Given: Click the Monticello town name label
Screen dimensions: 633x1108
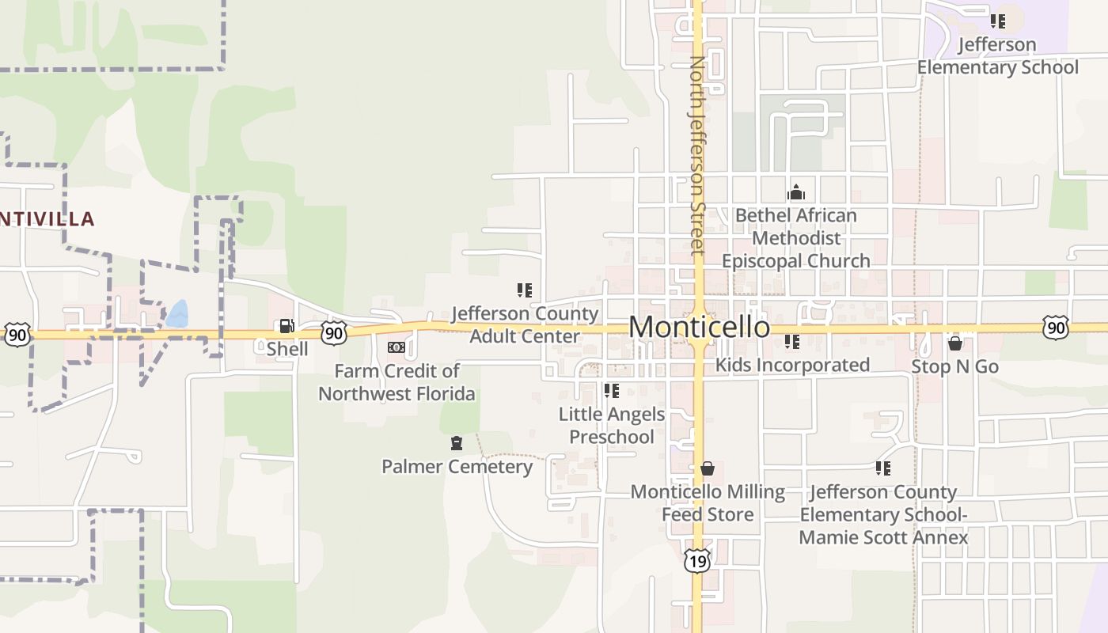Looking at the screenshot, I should tap(699, 327).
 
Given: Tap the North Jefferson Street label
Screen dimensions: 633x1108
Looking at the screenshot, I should tap(696, 155).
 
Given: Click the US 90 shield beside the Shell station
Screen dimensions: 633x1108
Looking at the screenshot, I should tap(334, 332).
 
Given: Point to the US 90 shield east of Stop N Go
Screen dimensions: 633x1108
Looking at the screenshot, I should tap(1055, 328).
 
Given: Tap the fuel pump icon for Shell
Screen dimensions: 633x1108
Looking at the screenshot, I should tap(286, 326).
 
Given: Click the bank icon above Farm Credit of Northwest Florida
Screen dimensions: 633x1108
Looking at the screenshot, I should tap(397, 347).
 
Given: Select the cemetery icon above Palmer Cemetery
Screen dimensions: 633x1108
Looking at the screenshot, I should tap(457, 443).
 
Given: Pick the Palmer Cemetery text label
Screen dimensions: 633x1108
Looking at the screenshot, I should tap(457, 467).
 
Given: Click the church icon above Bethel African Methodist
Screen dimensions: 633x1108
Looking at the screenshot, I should tap(796, 192).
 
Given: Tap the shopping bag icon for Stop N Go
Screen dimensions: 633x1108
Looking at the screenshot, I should tap(955, 343).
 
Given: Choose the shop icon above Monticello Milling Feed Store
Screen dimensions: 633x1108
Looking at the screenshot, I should tap(708, 468).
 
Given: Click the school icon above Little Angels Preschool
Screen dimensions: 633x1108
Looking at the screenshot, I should tap(612, 390).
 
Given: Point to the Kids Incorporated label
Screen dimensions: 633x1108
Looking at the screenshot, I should tap(792, 365).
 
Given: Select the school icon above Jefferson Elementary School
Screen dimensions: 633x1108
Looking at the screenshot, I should tap(998, 21).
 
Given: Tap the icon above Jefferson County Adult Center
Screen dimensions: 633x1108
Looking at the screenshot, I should tap(525, 290).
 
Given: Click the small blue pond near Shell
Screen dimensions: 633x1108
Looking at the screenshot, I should tap(178, 313).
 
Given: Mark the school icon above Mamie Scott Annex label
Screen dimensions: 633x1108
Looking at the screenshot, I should tap(883, 468).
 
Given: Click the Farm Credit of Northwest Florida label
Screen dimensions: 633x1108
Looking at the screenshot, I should tap(397, 382).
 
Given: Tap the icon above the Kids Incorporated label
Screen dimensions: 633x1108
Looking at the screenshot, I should tap(792, 342).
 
